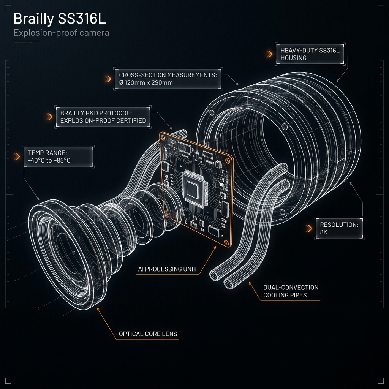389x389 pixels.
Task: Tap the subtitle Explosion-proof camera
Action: (x=61, y=33)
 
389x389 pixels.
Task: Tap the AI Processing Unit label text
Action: (x=168, y=269)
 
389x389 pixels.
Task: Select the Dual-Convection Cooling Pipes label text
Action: (x=291, y=291)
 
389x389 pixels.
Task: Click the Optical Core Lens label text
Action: (x=148, y=334)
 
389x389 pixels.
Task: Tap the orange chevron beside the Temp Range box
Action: (x=16, y=157)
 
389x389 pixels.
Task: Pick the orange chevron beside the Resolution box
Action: (x=309, y=228)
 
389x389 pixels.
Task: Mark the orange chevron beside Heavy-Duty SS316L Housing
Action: (x=269, y=54)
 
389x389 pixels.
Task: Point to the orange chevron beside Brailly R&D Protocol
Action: (x=49, y=117)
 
